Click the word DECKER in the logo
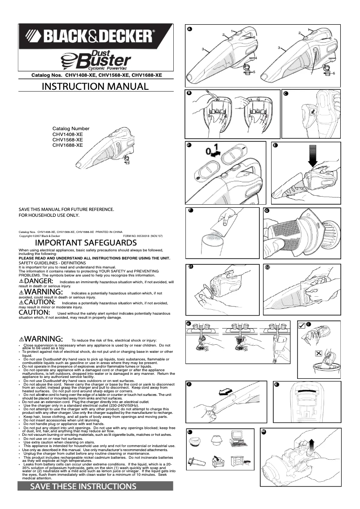coord(127,35)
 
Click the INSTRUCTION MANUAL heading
coord(95,87)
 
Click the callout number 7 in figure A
coord(311,73)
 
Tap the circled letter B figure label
coord(189,93)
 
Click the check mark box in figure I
coord(302,325)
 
